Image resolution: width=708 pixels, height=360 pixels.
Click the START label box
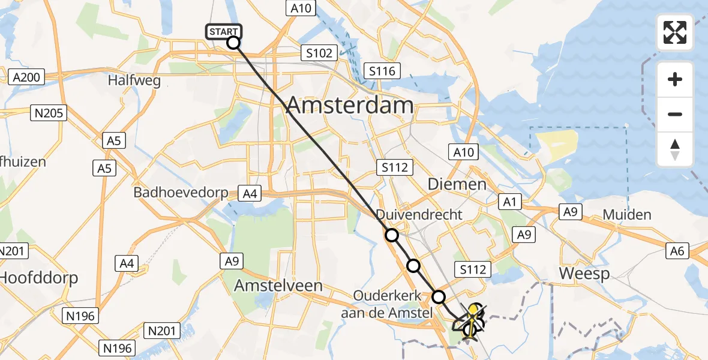click(224, 31)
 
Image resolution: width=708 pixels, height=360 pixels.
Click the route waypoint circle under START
click(233, 43)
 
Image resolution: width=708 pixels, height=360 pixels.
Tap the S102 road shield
click(319, 53)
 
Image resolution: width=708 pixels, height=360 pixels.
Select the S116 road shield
click(382, 71)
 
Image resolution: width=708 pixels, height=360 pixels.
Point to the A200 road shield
click(26, 77)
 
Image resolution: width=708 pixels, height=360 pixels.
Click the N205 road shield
click(49, 112)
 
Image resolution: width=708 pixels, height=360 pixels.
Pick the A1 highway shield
click(510, 202)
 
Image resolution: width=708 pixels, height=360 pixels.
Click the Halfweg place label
click(134, 80)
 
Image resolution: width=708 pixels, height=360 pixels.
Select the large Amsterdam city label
click(350, 106)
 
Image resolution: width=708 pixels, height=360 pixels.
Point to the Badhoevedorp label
click(181, 193)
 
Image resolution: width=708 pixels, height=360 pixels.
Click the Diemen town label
click(457, 184)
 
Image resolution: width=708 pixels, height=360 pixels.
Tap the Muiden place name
click(627, 215)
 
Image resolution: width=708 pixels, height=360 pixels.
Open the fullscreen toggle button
click(675, 32)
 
